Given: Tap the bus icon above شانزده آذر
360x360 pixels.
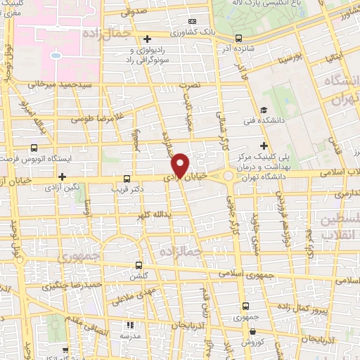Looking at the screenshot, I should (x=239, y=38).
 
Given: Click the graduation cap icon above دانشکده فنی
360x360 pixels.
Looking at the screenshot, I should (x=263, y=110).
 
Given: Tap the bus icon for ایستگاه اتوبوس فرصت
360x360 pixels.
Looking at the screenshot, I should (x=34, y=148).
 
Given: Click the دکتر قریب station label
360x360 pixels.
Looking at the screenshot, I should (x=127, y=189).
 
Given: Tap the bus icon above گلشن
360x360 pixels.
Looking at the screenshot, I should (x=139, y=266).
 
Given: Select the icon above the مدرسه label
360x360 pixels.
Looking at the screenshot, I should (x=129, y=326).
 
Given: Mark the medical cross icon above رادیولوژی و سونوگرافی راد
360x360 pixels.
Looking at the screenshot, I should (x=146, y=39).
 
